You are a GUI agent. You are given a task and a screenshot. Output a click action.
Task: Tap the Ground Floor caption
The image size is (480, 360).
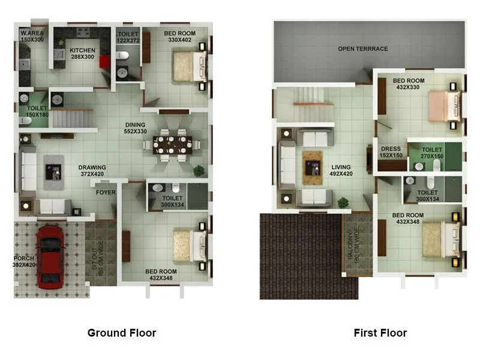pyautogui.click(x=122, y=333)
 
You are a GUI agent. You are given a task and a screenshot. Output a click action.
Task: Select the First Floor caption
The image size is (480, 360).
pyautogui.click(x=380, y=333)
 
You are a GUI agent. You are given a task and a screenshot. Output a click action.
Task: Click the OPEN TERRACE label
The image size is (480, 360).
pyautogui.click(x=362, y=49)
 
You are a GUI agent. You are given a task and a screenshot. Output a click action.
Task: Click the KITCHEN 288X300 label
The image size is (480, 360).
pyautogui.click(x=82, y=53)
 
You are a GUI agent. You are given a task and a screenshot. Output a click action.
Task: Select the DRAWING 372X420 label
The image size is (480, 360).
pyautogui.click(x=92, y=171)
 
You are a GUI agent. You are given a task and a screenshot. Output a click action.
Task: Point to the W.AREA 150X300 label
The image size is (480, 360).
pyautogui.click(x=33, y=36)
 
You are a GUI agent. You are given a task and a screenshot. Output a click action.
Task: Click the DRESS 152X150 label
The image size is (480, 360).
pyautogui.click(x=391, y=152)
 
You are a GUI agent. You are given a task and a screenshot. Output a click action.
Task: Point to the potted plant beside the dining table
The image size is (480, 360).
pyautogui.click(x=198, y=170)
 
